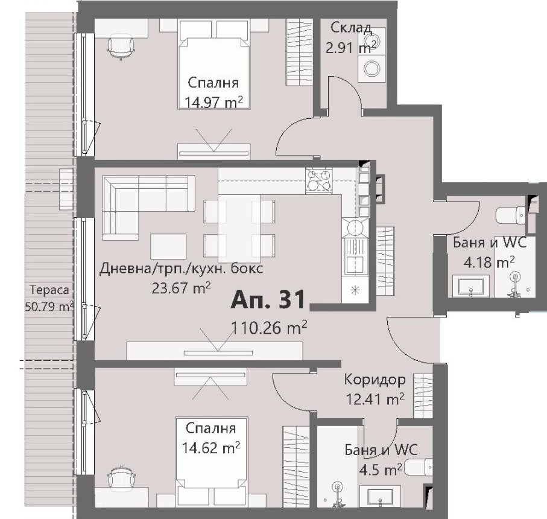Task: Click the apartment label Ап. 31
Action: point(268,300)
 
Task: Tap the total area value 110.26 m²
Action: point(270,328)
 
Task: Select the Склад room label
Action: point(351,28)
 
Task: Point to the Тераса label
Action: point(49,290)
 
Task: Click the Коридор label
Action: point(375,380)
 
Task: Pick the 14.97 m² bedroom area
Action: point(213,103)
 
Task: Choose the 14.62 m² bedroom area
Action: point(211,448)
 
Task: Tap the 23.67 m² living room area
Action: point(181,288)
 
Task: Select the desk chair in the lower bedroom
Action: point(121,477)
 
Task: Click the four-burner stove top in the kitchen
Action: point(319,181)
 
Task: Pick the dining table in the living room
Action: point(239,228)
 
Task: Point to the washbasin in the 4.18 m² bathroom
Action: point(470,286)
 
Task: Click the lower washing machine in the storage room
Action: point(372,69)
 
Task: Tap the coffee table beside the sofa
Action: point(168,246)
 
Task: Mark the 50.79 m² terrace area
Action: point(49,307)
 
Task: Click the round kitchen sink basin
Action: point(355,229)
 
